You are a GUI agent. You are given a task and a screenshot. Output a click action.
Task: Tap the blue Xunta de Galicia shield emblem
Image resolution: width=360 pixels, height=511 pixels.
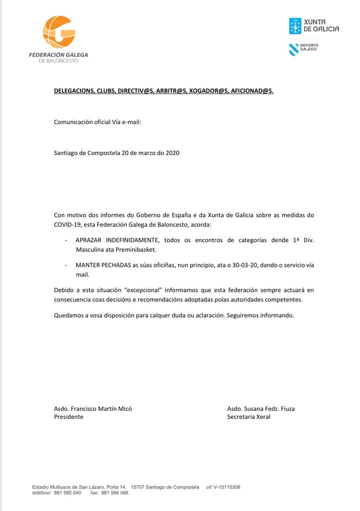pos(295,25)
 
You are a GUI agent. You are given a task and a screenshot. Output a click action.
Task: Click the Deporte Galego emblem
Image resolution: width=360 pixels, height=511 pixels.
pos(295,49)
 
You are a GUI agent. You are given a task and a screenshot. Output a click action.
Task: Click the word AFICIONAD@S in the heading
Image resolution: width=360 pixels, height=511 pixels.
pos(252,91)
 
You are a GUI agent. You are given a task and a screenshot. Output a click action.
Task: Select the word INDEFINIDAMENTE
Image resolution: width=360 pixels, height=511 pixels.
pos(130,240)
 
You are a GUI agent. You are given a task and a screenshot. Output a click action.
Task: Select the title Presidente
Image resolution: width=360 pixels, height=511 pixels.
pos(68,417)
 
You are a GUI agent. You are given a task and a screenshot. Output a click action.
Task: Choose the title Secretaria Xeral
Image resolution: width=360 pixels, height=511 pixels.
pos(249,417)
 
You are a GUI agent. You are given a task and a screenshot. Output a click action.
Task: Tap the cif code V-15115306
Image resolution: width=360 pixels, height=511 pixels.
pos(227,487)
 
